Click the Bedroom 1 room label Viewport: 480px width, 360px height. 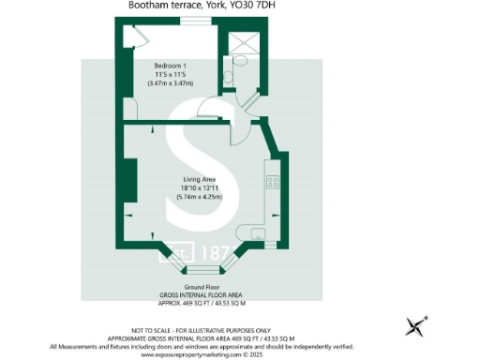[x=169, y=66]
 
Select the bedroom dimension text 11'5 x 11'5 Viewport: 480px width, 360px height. [x=169, y=75]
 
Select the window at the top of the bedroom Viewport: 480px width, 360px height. [x=195, y=21]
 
